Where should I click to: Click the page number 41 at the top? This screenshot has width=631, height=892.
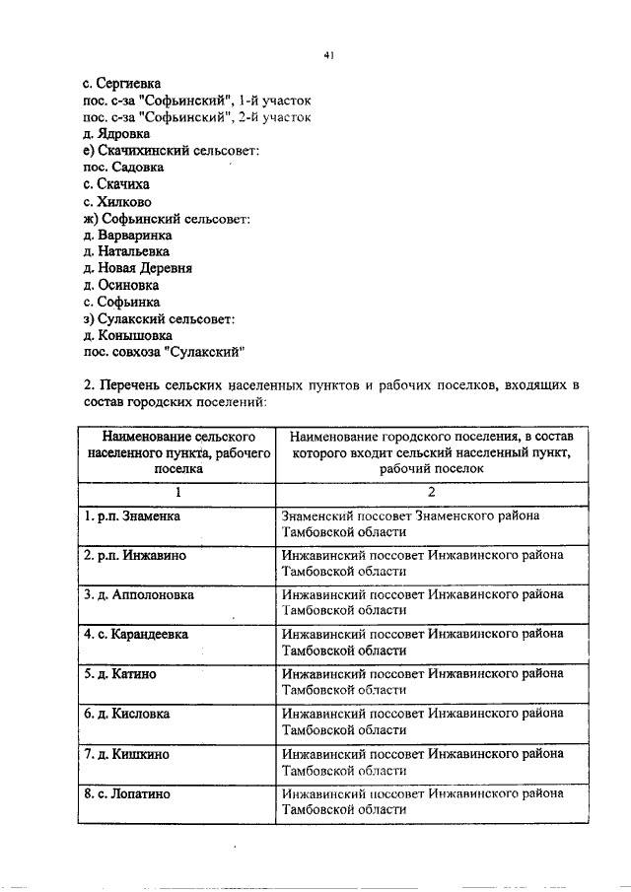pyautogui.click(x=329, y=55)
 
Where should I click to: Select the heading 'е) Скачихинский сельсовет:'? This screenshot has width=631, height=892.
pyautogui.click(x=172, y=151)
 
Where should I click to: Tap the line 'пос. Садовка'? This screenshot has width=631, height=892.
pyautogui.click(x=123, y=168)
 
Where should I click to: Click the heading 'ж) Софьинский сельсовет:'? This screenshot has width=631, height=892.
pyautogui.click(x=168, y=218)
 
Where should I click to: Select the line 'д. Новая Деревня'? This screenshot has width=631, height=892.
pyautogui.click(x=138, y=268)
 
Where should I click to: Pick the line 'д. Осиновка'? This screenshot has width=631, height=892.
pyautogui.click(x=121, y=285)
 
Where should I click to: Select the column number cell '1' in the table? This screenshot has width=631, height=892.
pyautogui.click(x=178, y=492)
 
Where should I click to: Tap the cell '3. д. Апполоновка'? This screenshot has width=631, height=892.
pyautogui.click(x=139, y=595)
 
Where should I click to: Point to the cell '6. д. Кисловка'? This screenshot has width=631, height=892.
pyautogui.click(x=127, y=714)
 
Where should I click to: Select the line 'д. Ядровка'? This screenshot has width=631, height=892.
pyautogui.click(x=117, y=134)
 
